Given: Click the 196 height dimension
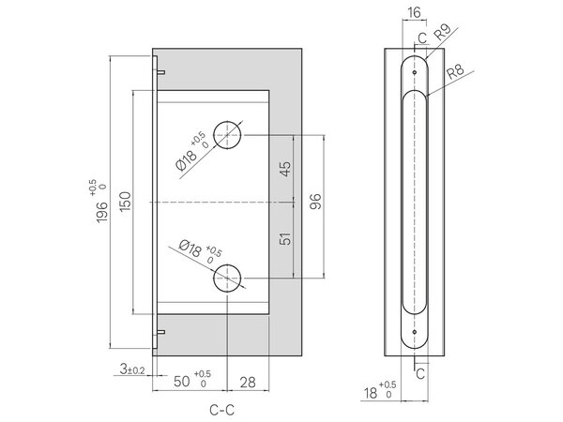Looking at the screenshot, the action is (x=102, y=212).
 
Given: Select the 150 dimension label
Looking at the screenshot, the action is (x=125, y=202).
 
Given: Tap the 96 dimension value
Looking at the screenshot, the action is (x=315, y=202).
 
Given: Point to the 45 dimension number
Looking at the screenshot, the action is (x=285, y=169).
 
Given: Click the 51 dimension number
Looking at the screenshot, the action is (x=285, y=238).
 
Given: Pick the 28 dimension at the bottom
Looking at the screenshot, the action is (x=248, y=383).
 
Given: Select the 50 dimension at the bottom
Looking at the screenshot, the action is (x=182, y=382).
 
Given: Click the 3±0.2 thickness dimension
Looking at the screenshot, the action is (x=132, y=369).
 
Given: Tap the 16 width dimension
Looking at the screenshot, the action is (x=414, y=12).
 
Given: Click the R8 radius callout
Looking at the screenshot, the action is (x=455, y=72).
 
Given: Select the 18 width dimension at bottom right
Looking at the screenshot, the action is (x=371, y=393).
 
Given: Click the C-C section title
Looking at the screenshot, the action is (x=221, y=410).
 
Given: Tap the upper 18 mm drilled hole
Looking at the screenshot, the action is (x=227, y=135).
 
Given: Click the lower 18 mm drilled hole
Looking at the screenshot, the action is (x=227, y=279).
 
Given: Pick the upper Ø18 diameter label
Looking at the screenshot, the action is (x=187, y=160).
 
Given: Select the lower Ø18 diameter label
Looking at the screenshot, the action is (x=190, y=249).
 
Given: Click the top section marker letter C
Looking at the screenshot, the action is (x=422, y=38).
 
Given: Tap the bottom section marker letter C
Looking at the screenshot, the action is (x=420, y=374).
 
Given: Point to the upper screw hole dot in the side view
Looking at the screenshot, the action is (x=415, y=72).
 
